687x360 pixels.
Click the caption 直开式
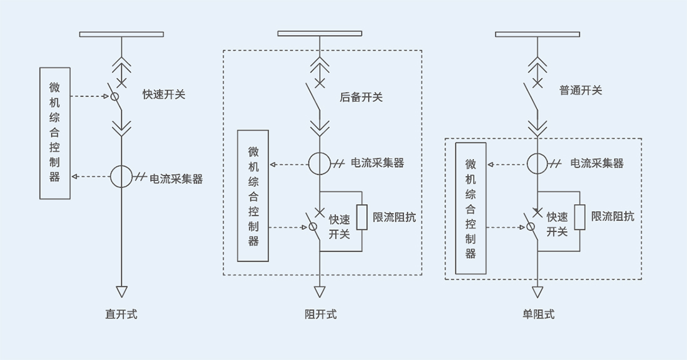(x=121, y=314)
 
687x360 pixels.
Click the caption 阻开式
(x=321, y=314)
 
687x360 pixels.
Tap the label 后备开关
(x=361, y=97)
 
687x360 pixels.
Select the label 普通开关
(x=581, y=90)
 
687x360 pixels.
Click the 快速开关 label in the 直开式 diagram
(x=164, y=95)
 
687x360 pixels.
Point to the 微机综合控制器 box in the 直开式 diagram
(x=55, y=133)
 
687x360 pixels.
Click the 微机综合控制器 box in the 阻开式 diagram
(x=253, y=196)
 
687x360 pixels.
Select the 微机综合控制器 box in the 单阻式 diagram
(x=471, y=208)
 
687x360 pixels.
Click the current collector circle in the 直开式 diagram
(x=122, y=177)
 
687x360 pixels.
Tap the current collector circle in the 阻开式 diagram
(x=319, y=163)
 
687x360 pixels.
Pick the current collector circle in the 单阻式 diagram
(x=537, y=163)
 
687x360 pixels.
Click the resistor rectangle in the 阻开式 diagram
(x=362, y=217)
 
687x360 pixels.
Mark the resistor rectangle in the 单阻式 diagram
(x=580, y=217)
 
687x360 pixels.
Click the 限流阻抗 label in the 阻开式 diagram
(x=394, y=217)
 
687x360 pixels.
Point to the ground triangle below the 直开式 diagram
(x=122, y=291)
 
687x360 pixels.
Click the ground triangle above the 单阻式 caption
(x=537, y=292)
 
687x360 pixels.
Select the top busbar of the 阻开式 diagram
(x=320, y=33)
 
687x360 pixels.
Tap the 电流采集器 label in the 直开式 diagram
(x=176, y=178)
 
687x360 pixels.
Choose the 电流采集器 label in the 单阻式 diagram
(x=597, y=163)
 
